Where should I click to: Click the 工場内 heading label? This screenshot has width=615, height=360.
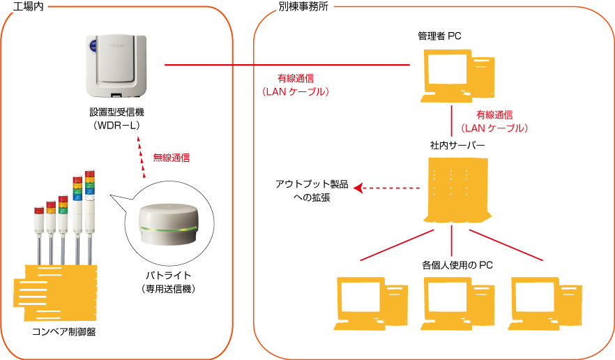pos(28,6)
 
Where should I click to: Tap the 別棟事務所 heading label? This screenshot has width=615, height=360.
pos(303,6)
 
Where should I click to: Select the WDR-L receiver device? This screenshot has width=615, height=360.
pos(116,66)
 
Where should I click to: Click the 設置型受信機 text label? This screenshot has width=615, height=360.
pos(117,112)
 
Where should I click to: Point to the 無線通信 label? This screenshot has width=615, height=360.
pos(172,158)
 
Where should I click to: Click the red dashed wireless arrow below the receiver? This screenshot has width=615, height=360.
pos(141,157)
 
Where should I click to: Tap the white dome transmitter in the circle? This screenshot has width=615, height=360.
pos(169,224)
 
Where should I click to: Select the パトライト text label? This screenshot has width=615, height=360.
pos(168,275)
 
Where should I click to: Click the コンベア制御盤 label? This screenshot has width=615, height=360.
pos(64,332)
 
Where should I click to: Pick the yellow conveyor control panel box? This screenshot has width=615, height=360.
pos(55,292)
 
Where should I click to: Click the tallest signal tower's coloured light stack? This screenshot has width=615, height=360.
pos(90,183)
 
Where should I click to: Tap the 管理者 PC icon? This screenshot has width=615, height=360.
pos(457,76)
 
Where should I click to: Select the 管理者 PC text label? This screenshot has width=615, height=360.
pos(439,36)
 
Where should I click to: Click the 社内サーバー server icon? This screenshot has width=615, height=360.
pos(457,190)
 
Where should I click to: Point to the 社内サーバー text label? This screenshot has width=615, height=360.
pos(457,146)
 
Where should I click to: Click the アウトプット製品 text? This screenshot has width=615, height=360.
pos(312,184)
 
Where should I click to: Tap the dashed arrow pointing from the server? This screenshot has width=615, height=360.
pos(387,188)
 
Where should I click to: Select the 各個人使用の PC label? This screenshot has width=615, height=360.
pos(457,265)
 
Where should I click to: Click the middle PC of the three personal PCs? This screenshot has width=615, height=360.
pos(457,303)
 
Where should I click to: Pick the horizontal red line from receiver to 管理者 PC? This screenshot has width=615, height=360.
pos(287,65)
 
